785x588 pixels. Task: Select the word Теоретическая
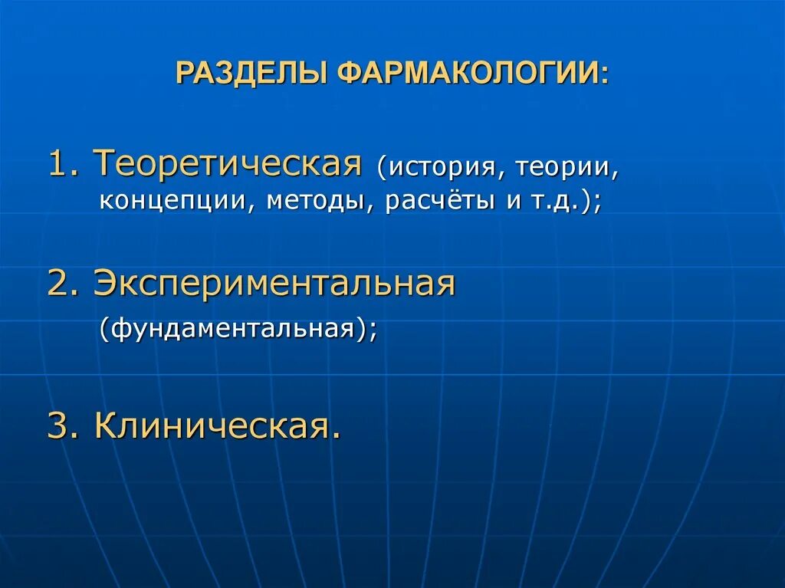(228, 163)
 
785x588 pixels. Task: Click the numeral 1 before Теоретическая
(57, 163)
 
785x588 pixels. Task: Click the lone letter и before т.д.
(510, 202)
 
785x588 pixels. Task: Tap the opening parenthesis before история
(380, 167)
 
